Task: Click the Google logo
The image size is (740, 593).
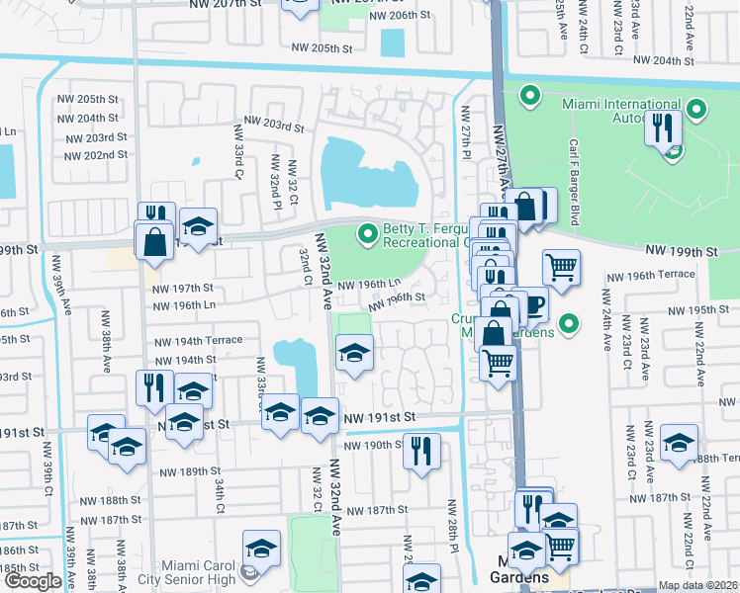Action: [32, 581]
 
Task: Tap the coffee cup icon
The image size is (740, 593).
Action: [533, 305]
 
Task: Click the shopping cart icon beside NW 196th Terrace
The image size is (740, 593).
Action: [561, 266]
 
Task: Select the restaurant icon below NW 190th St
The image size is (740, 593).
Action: [421, 451]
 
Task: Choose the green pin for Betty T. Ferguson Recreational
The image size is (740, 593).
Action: [368, 234]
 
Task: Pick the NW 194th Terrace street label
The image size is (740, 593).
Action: [197, 340]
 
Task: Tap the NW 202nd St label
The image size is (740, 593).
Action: [95, 155]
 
